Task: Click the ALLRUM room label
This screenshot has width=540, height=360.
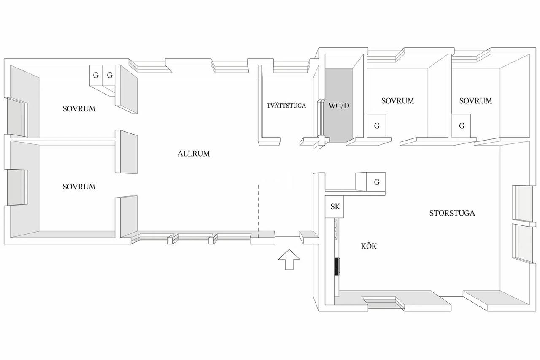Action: tap(194, 154)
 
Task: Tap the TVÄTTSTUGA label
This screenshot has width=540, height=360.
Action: tap(286, 106)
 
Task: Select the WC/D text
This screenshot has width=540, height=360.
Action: tap(339, 106)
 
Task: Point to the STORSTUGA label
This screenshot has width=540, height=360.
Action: tap(452, 213)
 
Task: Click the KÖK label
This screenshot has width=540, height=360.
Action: tap(369, 246)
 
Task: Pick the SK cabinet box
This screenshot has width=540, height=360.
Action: tap(335, 207)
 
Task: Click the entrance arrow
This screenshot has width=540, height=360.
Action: tap(289, 260)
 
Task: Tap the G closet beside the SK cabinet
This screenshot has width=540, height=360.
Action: tap(375, 182)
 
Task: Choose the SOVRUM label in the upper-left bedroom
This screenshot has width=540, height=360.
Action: tap(79, 109)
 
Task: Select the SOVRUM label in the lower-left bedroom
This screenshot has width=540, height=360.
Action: tap(79, 187)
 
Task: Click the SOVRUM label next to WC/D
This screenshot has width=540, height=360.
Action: tap(397, 101)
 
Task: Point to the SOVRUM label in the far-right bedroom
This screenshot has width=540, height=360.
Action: tap(475, 101)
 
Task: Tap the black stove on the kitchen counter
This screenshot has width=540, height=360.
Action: tap(337, 266)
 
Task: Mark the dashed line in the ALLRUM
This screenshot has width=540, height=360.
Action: tap(258, 211)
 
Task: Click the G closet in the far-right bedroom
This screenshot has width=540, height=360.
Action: tap(461, 126)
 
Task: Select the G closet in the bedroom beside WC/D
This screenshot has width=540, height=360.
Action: tap(376, 126)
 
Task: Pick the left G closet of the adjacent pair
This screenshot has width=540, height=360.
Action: tap(96, 75)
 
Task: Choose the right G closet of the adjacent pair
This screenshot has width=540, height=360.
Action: tap(109, 75)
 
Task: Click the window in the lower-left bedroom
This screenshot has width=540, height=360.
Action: tap(16, 187)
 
